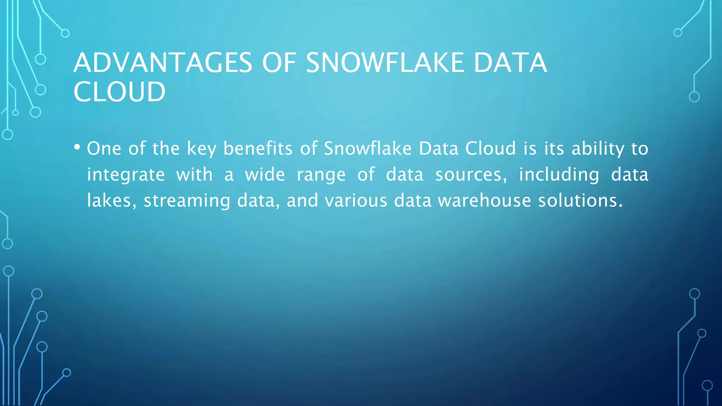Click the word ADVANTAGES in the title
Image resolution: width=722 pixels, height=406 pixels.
pyautogui.click(x=163, y=63)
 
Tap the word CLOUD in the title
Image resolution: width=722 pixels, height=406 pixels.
pyautogui.click(x=120, y=92)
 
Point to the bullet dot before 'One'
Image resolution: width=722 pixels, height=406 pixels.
pyautogui.click(x=77, y=147)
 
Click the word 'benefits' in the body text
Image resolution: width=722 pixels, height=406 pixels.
pyautogui.click(x=258, y=148)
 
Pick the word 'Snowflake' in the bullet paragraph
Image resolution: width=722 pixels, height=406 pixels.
pyautogui.click(x=367, y=148)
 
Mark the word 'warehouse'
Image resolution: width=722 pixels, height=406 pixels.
pyautogui.click(x=484, y=201)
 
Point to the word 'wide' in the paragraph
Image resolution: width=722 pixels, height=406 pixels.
pyautogui.click(x=265, y=174)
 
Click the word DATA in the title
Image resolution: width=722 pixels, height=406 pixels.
pyautogui.click(x=510, y=63)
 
